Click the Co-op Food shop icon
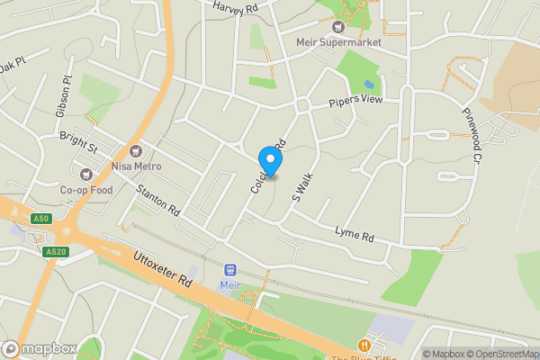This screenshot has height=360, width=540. point(87,174)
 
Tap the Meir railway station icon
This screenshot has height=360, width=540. point(230,269)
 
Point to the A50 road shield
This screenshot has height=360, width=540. point(40,219)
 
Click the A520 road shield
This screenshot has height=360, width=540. point(56,251)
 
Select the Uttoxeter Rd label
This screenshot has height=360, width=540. point(163,268)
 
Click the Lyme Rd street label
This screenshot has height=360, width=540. point(354,234)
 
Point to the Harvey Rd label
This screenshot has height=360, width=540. point(236,7)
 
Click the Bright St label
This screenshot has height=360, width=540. point(78,142)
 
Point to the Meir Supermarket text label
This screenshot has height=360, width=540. point(339,42)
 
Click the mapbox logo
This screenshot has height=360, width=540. point(39,348)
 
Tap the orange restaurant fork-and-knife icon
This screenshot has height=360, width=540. point(364,345)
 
